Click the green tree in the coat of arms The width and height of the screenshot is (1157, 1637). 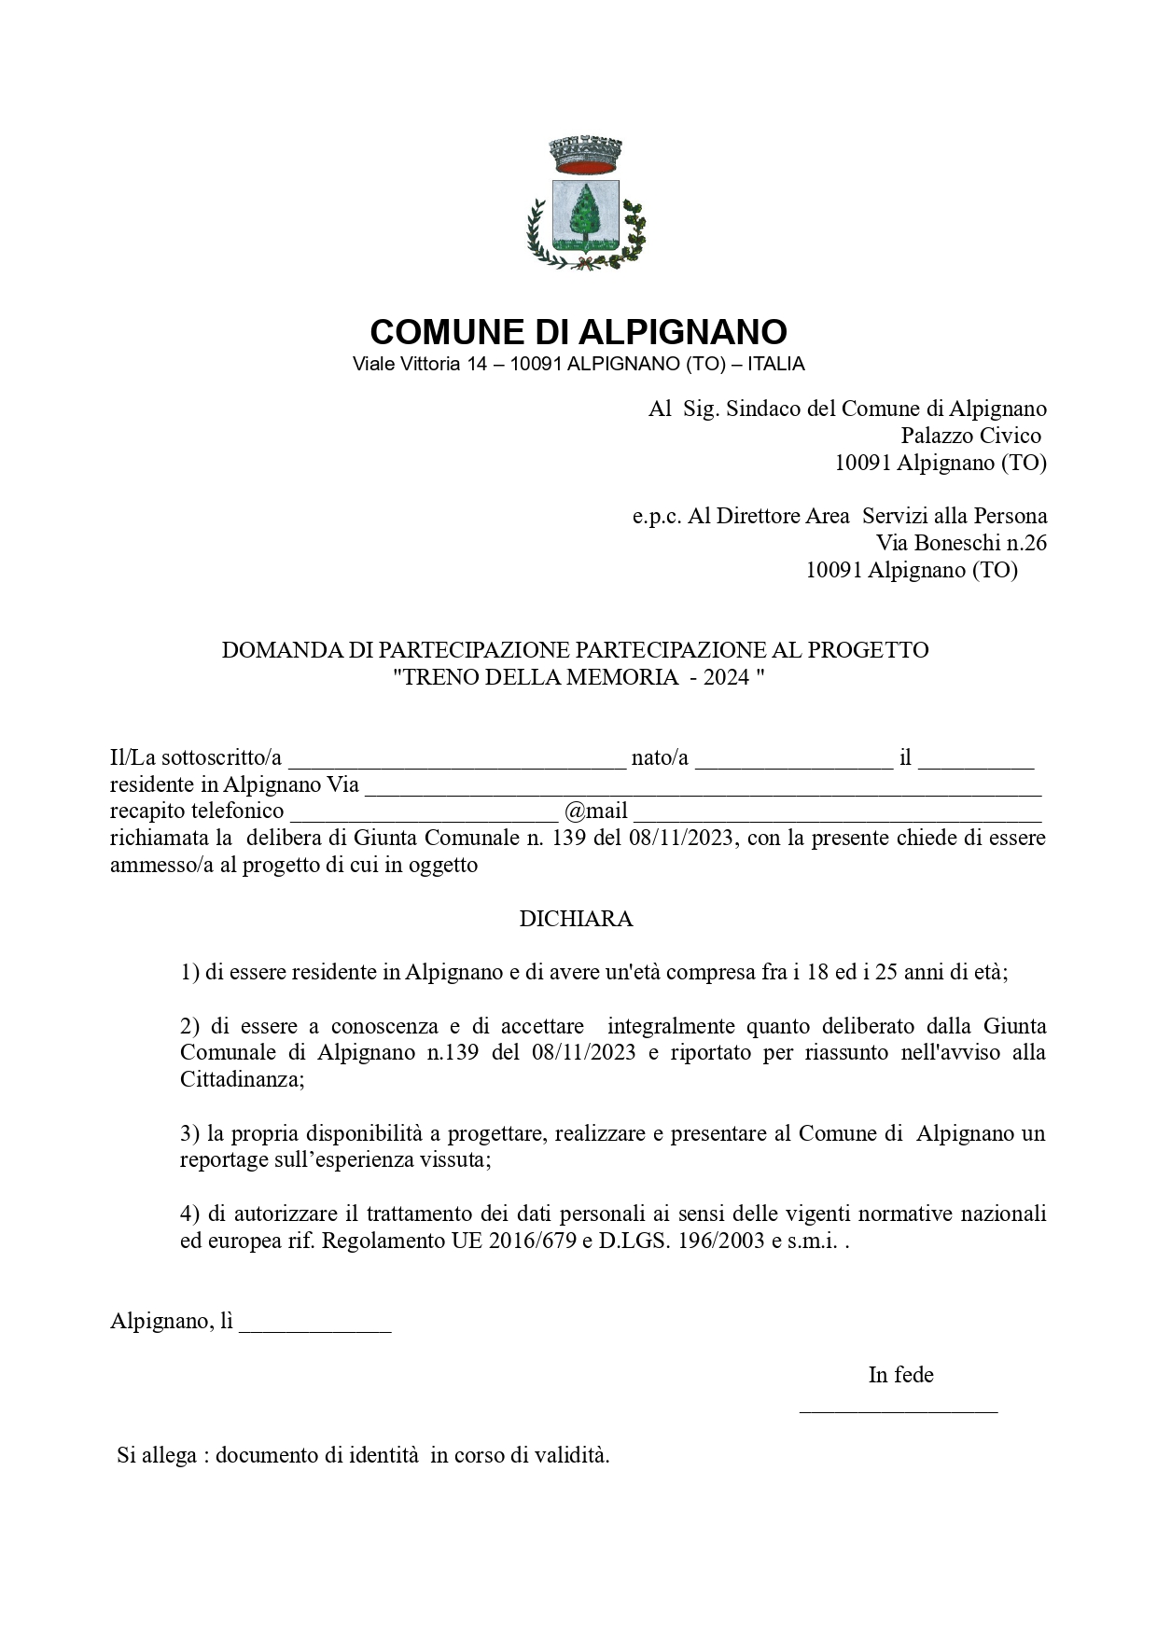585,212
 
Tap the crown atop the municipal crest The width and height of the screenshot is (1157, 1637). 586,155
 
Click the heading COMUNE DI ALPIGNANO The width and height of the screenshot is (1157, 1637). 578,332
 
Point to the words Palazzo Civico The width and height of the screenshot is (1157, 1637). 970,436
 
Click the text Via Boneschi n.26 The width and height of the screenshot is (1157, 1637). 960,542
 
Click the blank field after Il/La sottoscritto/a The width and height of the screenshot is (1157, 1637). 455,760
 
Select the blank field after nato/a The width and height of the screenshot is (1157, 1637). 793,760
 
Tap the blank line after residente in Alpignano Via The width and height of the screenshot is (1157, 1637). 702,787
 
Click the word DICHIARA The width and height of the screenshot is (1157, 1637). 576,919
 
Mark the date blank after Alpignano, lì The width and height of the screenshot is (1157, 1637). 315,1325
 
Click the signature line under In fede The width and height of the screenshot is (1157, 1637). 899,1408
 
